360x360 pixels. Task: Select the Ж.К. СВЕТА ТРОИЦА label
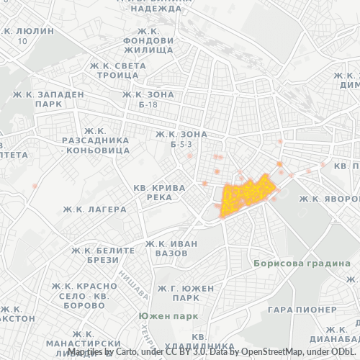[119, 70]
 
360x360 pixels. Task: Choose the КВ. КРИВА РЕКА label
[160, 192]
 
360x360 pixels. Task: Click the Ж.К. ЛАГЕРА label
[94, 209]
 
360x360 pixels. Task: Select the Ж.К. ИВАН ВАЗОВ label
[171, 248]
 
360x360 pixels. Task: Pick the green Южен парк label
[168, 315]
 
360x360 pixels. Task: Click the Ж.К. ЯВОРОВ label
[328, 198]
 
